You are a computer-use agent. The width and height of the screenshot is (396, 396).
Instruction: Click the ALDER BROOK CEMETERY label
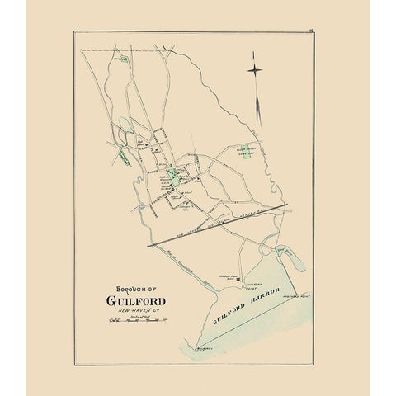coord(246,142)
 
